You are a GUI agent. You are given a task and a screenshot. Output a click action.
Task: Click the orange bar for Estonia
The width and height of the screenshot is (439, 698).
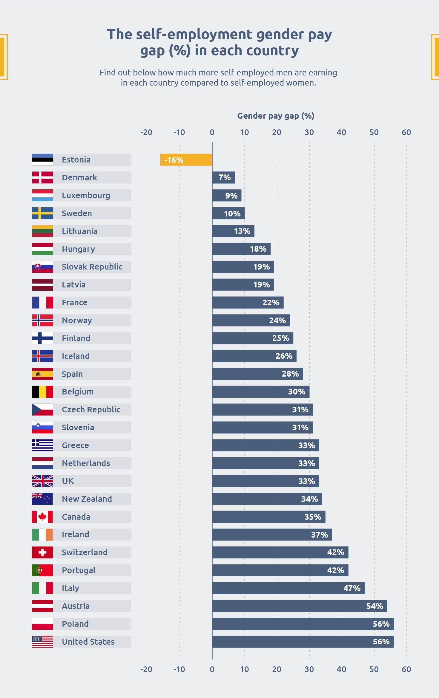(186, 160)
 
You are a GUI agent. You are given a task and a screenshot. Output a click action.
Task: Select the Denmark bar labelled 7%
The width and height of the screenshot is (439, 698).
(223, 177)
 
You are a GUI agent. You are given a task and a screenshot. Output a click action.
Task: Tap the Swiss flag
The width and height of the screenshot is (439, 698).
(42, 552)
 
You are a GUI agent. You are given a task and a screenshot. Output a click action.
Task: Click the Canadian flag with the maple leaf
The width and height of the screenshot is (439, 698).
(42, 516)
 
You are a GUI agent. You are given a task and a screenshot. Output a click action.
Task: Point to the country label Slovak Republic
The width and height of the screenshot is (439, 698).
(92, 267)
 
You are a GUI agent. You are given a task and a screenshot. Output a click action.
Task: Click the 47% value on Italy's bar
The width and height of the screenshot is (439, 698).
(352, 588)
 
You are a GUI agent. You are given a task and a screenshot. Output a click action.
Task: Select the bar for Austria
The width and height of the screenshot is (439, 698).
(300, 606)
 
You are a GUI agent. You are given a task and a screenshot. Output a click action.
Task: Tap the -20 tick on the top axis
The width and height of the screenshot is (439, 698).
(146, 132)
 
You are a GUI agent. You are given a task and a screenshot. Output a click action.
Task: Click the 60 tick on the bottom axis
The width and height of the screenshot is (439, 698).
(406, 669)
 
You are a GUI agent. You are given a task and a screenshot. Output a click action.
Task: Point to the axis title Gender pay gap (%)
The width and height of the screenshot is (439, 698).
(276, 116)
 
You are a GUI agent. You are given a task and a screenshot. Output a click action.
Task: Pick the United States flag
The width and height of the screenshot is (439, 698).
(42, 642)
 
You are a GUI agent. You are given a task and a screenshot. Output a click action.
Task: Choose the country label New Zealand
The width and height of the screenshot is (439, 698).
(87, 499)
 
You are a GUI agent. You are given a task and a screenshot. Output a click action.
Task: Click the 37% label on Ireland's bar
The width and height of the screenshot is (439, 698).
(319, 535)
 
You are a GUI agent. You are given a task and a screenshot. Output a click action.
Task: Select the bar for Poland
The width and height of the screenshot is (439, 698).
(303, 624)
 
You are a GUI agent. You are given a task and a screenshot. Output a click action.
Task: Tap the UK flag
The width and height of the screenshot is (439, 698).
(42, 481)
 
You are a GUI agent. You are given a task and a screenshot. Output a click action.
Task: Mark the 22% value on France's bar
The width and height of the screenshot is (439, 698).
(271, 303)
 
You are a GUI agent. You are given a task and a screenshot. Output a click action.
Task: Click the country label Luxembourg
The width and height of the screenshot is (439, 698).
(86, 196)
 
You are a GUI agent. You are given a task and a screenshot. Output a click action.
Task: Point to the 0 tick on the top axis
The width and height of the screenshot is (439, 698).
(212, 132)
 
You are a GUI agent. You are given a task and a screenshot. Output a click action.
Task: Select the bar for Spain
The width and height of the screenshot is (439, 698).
(257, 374)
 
